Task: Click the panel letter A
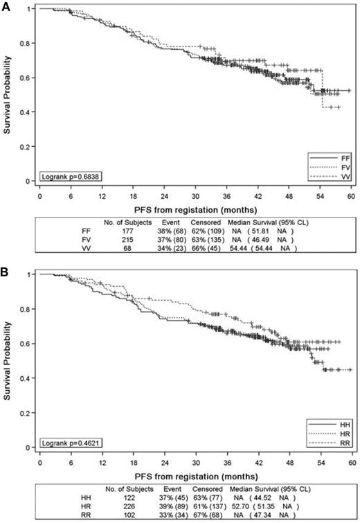[x=6, y=6]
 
